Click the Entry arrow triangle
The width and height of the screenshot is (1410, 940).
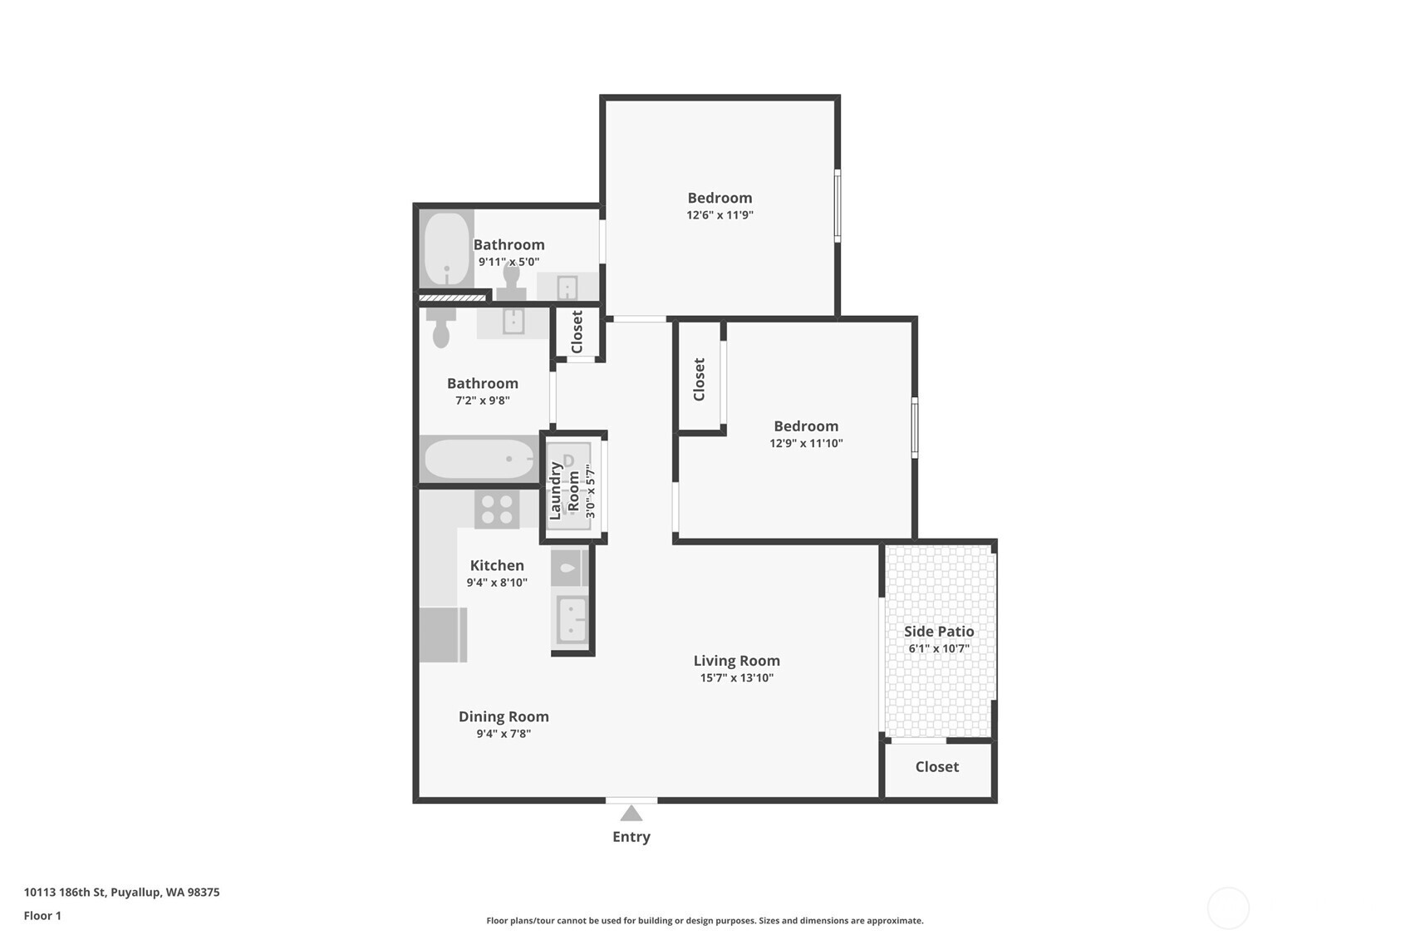(631, 814)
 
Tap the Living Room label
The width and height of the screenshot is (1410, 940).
(736, 661)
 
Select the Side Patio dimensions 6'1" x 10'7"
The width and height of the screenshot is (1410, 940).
(939, 649)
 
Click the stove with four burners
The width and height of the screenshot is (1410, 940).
(497, 509)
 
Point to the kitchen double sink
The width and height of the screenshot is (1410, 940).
(572, 620)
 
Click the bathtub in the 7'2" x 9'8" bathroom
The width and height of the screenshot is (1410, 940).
(479, 459)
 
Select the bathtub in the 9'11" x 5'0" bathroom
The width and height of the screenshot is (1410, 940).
(447, 249)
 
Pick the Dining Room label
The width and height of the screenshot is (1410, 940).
(504, 716)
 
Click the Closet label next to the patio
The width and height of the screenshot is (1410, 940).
(936, 767)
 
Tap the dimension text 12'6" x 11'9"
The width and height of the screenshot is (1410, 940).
(720, 215)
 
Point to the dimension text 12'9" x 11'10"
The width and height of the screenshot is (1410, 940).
(806, 444)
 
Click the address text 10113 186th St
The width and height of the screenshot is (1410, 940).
(121, 893)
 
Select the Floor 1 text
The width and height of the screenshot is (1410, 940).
(42, 916)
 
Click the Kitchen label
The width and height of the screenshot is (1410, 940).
(497, 565)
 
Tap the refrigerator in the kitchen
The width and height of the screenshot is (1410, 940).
(442, 635)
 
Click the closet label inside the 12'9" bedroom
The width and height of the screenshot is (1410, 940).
(699, 379)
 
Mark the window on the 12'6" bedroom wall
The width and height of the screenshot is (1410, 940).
(837, 205)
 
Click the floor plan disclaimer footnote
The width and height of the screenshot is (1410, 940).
(705, 921)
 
